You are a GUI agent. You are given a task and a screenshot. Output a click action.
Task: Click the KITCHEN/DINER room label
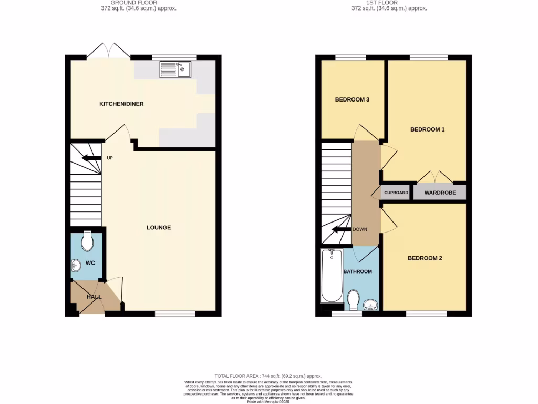click(x=121, y=104)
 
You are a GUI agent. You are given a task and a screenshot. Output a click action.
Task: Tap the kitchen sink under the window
click(x=176, y=69)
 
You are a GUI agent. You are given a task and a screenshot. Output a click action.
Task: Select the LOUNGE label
click(x=159, y=228)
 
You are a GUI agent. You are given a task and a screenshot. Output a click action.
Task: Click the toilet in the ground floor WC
click(x=87, y=241)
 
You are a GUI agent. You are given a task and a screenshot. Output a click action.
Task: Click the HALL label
click(x=94, y=297)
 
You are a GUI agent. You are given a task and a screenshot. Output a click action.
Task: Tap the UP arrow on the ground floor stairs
click(x=91, y=158)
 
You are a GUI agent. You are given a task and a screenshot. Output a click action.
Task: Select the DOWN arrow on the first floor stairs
click(x=342, y=229)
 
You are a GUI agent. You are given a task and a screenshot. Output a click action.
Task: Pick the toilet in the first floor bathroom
click(x=354, y=301)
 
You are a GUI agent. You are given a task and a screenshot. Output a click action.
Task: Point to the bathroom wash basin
click(x=371, y=304)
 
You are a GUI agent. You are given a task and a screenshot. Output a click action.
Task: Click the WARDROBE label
click(x=439, y=193)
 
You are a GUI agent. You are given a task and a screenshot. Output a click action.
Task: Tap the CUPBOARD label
click(x=396, y=193)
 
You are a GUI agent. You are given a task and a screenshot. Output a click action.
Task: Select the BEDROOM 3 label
click(x=353, y=99)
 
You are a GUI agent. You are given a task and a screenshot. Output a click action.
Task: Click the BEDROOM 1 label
click(x=427, y=129)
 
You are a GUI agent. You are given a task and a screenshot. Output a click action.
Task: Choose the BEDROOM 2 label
click(x=425, y=258)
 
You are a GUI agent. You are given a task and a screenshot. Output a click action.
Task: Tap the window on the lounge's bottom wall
click(x=175, y=314)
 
